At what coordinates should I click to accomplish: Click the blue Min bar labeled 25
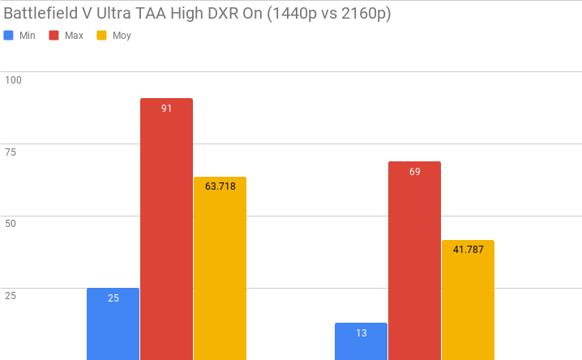point(113,324)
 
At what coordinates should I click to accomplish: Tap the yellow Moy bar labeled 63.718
point(220,268)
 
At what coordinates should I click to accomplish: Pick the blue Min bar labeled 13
point(361,341)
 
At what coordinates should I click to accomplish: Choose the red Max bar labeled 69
point(414,260)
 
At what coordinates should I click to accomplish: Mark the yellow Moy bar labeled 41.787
point(468,300)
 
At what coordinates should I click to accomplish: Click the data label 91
point(166,108)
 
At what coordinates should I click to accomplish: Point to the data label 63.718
point(220,186)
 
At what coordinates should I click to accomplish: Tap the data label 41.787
point(468,250)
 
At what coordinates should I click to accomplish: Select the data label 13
point(361,332)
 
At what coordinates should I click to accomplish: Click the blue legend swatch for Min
point(9,36)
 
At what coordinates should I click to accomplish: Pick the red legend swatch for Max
point(54,36)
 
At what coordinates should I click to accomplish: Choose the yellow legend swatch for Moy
point(101,36)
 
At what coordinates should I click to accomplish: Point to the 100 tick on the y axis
point(13,79)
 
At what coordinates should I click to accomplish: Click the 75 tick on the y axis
point(11,152)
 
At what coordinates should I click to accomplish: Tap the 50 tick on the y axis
point(11,224)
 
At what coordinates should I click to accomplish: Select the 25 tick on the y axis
point(11,296)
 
